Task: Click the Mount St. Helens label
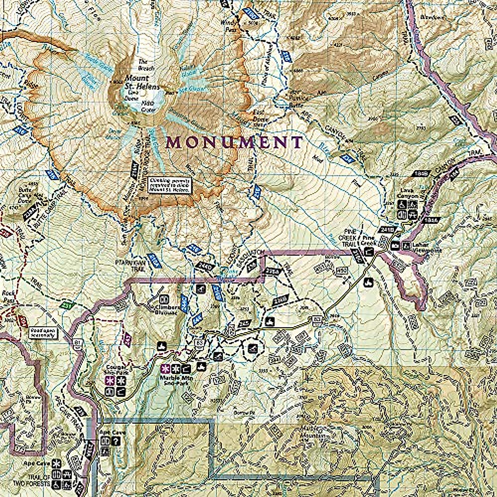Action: pos(136,82)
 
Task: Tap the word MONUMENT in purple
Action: pos(234,142)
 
